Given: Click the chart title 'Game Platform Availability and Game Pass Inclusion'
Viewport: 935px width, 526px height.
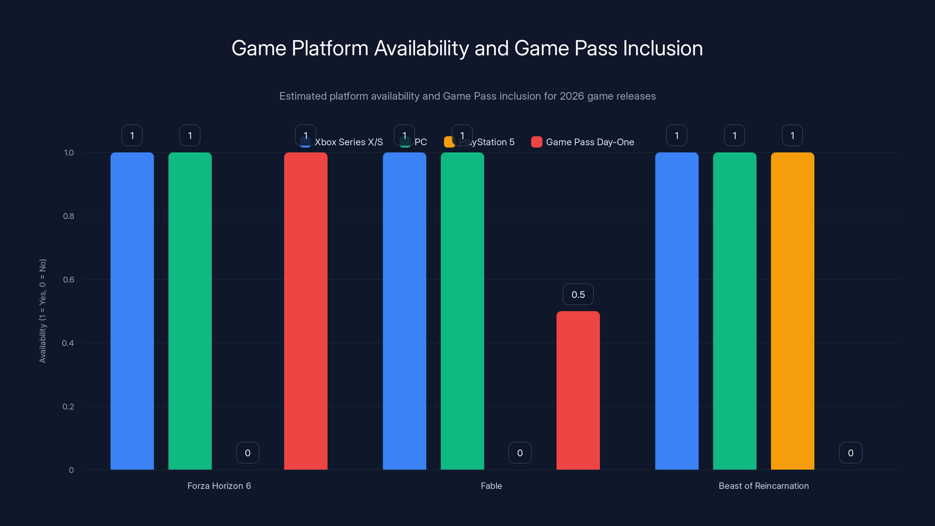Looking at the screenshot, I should pyautogui.click(x=467, y=48).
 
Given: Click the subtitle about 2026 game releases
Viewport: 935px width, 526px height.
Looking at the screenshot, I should pyautogui.click(x=467, y=96).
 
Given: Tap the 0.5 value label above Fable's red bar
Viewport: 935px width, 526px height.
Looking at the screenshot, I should pyautogui.click(x=578, y=294).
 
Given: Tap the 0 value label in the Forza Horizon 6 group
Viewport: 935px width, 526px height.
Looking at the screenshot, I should pyautogui.click(x=247, y=453).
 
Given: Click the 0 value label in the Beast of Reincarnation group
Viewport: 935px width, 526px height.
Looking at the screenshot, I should pyautogui.click(x=851, y=453).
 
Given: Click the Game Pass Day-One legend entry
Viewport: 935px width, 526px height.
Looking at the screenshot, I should pyautogui.click(x=589, y=142).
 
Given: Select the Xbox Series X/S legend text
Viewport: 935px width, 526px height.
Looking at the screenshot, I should pyautogui.click(x=349, y=142).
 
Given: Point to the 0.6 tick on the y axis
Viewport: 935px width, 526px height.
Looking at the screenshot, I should pyautogui.click(x=69, y=280).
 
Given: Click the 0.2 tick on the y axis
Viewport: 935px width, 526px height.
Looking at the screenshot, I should pyautogui.click(x=68, y=406).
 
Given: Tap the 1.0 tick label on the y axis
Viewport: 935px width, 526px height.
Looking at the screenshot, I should pyautogui.click(x=69, y=153).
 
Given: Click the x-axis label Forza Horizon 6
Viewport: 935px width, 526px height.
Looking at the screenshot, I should pyautogui.click(x=219, y=486).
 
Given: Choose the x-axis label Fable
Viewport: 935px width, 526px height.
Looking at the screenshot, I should pyautogui.click(x=491, y=486).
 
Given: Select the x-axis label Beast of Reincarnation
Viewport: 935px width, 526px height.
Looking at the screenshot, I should pyautogui.click(x=763, y=486).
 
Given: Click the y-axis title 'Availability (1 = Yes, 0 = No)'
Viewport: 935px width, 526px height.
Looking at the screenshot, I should pyautogui.click(x=43, y=311).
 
